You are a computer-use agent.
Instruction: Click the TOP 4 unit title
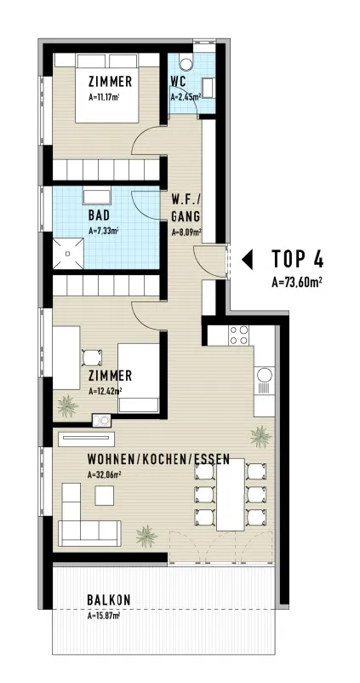tap(298, 259)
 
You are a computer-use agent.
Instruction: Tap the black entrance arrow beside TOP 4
tap(248, 260)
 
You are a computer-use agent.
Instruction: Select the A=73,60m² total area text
tap(297, 283)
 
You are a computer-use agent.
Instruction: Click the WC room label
tap(179, 82)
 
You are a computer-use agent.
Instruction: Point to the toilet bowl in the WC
tap(186, 64)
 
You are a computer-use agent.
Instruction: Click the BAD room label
tap(99, 215)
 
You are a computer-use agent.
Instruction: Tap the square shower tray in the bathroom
tap(68, 253)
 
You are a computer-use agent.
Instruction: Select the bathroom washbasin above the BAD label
tap(97, 197)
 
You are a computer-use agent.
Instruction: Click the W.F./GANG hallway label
tap(186, 209)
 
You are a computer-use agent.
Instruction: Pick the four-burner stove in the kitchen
tap(239, 336)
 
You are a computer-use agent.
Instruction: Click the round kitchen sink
tap(264, 374)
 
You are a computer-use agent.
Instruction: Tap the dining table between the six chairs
tap(231, 494)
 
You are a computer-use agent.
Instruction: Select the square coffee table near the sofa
tap(105, 496)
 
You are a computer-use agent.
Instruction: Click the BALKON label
tap(109, 600)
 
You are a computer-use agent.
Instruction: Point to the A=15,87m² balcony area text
tap(104, 616)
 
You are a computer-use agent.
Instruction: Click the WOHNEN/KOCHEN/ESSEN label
tap(158, 459)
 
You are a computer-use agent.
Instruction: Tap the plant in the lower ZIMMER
tap(67, 406)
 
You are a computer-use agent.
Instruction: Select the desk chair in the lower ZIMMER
tap(92, 358)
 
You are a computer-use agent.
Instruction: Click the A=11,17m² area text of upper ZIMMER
tap(104, 98)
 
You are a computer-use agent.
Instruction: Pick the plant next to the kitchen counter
tap(261, 436)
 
